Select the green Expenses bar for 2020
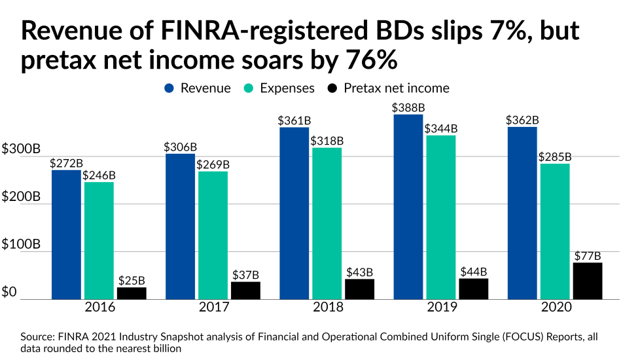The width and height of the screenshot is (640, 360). click(x=555, y=231)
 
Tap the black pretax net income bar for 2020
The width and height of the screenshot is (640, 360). click(x=587, y=281)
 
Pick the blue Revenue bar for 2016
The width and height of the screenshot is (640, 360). click(x=67, y=234)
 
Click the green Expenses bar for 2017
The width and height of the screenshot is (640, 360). click(x=213, y=235)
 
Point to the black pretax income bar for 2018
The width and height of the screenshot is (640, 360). click(x=359, y=289)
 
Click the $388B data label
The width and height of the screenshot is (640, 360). click(x=408, y=107)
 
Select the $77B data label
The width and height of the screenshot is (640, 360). click(x=587, y=255)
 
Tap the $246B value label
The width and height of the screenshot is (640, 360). click(x=99, y=175)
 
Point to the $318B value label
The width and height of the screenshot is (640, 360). click(x=327, y=140)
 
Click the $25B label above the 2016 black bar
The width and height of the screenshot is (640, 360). click(x=132, y=279)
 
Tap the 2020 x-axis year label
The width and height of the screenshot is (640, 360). click(x=555, y=308)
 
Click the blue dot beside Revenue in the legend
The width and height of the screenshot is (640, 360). click(x=168, y=88)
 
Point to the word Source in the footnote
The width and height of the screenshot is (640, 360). click(x=37, y=336)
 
